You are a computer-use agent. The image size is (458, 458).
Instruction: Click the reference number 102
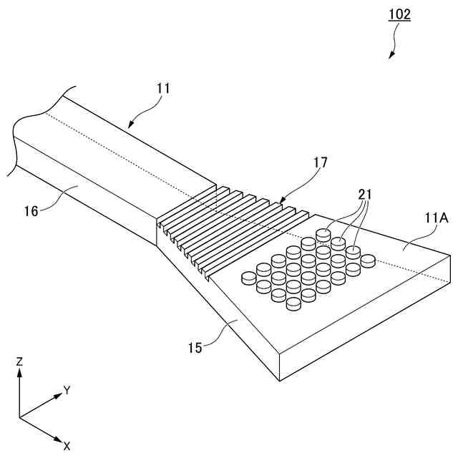tap(400, 14)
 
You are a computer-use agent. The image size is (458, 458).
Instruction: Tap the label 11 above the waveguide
tap(164, 89)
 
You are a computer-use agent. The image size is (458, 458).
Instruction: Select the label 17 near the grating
tap(319, 163)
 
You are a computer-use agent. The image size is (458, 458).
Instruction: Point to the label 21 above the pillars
tap(365, 195)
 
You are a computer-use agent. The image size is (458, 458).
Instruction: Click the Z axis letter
tap(20, 362)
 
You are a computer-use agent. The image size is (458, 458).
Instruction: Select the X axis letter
tap(67, 445)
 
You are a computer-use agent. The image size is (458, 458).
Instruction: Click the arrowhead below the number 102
tap(391, 55)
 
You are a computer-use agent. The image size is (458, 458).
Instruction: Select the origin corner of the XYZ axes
tap(20, 416)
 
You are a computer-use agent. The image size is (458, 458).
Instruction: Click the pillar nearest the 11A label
tap(369, 260)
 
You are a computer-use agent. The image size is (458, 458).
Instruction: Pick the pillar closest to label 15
tap(293, 304)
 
